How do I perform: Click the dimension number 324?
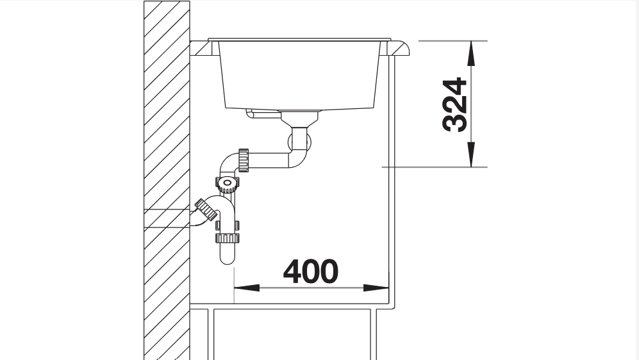454,104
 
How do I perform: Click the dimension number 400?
311,271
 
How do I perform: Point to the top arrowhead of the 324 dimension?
471,53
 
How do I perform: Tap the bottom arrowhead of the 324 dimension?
471,154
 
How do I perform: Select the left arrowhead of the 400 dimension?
247,288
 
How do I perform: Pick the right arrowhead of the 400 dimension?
376,288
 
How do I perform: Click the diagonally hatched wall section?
167,180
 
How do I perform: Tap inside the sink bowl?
299,76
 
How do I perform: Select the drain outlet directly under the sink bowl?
299,118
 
